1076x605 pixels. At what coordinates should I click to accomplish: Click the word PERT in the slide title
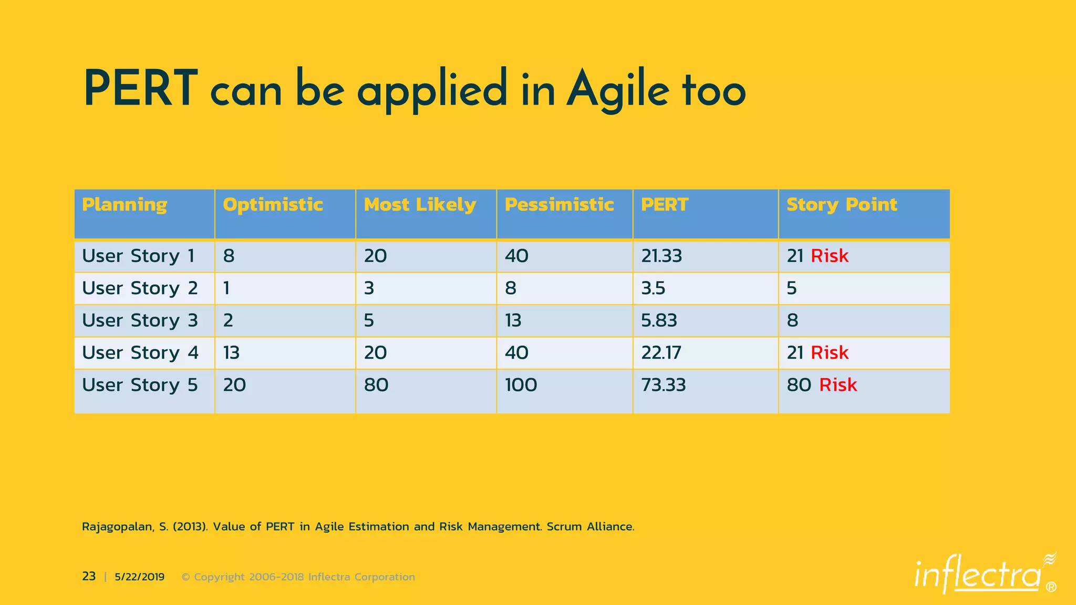[x=140, y=89]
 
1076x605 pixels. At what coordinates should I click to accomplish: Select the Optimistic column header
[x=273, y=204]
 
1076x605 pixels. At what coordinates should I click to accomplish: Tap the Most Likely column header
[x=420, y=204]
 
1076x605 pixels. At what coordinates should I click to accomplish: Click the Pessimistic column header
[x=559, y=204]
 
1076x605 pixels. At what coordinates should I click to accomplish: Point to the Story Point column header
[x=842, y=204]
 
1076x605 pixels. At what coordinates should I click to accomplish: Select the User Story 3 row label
[x=140, y=320]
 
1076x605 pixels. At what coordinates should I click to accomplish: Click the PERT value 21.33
[x=661, y=256]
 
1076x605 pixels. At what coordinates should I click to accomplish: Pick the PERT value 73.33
[x=663, y=385]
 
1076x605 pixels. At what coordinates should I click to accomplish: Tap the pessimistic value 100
[x=521, y=385]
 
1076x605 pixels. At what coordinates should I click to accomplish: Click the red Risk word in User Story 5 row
[x=838, y=385]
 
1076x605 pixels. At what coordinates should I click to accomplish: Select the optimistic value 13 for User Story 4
[x=231, y=352]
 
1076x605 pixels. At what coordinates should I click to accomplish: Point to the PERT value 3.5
[x=653, y=288]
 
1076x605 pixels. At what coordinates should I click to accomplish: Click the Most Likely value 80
[x=376, y=385]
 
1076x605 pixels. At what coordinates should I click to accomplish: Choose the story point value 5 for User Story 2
[x=792, y=288]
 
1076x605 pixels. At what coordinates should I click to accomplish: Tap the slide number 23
[x=89, y=577]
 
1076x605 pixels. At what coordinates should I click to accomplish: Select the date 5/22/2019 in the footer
[x=139, y=577]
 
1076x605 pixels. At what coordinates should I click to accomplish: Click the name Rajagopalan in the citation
[x=118, y=527]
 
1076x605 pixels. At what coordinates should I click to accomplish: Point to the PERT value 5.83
[x=659, y=320]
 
